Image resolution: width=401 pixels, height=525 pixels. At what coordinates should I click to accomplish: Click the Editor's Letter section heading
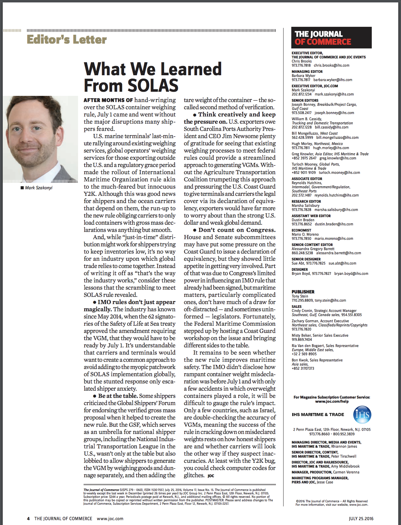click(x=67, y=40)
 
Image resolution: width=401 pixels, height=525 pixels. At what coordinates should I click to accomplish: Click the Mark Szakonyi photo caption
click(x=39, y=188)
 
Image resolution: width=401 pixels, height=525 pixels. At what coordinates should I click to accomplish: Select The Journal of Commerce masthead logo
click(x=331, y=38)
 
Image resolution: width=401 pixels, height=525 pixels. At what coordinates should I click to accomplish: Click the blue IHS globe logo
click(x=362, y=415)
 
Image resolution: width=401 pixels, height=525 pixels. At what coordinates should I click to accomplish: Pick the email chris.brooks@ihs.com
click(x=331, y=65)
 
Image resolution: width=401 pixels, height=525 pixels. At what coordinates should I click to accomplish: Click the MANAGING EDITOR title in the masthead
click(x=307, y=71)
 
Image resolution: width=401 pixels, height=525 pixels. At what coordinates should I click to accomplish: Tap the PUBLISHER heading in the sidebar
click(x=303, y=292)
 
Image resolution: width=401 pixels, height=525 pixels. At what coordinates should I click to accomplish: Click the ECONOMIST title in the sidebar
click(x=301, y=230)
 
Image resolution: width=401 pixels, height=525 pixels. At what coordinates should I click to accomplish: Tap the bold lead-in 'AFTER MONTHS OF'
click(x=108, y=100)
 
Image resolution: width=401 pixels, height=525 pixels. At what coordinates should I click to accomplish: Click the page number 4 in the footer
click(x=28, y=518)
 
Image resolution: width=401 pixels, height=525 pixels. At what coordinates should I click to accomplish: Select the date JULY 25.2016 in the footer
click(x=361, y=518)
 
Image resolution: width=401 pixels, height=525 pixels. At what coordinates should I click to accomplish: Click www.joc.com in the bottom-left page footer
click(x=110, y=518)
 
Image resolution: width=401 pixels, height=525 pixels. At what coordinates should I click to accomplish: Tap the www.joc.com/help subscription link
click(x=332, y=401)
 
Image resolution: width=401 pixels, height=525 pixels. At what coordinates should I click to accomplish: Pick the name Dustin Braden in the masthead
click(x=303, y=220)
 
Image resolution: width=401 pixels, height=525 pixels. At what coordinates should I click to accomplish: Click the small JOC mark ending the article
click(x=211, y=476)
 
